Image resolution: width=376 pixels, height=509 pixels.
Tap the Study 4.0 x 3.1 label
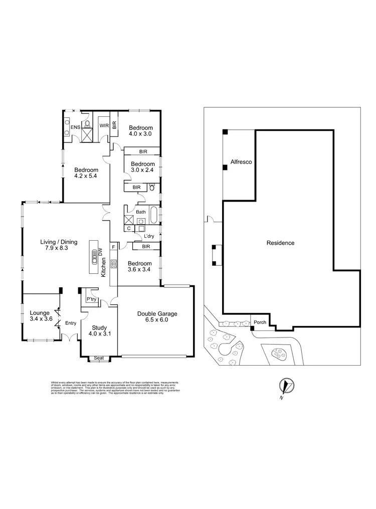point(98,329)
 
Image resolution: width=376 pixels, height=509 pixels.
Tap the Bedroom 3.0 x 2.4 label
point(142,167)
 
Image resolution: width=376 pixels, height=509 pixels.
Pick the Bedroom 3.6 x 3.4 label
point(139,267)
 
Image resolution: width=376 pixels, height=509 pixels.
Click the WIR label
point(104,125)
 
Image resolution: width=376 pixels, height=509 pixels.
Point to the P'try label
point(91,299)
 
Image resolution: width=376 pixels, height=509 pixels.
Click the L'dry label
point(149,236)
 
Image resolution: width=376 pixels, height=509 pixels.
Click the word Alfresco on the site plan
point(241,162)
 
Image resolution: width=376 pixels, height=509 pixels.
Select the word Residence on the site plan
point(280,243)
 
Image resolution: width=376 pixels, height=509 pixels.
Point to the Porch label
point(260,322)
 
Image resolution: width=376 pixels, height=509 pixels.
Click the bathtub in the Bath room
point(153,216)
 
